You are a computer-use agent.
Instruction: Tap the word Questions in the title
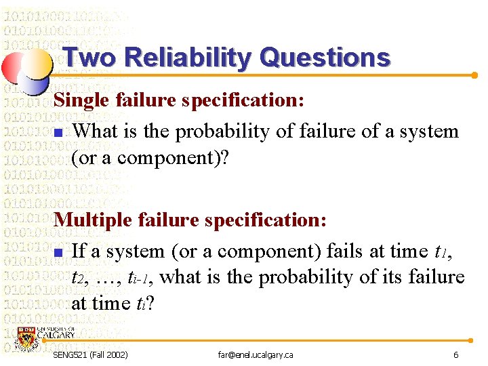pos(325,58)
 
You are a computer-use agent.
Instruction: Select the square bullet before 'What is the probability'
pos(58,132)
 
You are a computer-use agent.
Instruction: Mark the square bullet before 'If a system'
pos(58,253)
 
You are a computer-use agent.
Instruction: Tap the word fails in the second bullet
pos(345,251)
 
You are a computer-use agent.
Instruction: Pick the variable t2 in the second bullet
pos(80,279)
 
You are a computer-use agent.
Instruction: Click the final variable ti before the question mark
pos(143,304)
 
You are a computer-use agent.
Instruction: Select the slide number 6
pos(456,355)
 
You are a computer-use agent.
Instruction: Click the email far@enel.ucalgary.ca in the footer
pos(256,355)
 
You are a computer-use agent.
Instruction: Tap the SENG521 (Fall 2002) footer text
pos(90,355)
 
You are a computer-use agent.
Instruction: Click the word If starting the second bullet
pos(79,251)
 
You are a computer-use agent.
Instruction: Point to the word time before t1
pos(409,251)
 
